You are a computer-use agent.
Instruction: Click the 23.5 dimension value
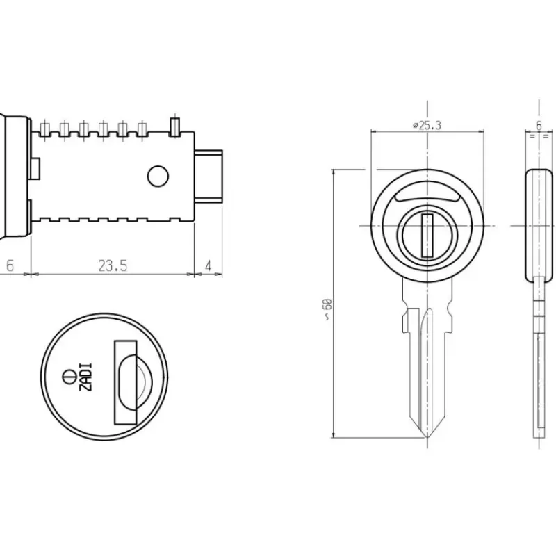point(113,265)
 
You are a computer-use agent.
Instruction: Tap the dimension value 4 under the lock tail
point(208,265)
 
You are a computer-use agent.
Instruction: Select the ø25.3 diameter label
point(427,126)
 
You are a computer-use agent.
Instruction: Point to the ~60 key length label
point(327,309)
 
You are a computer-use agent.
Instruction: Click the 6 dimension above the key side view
point(539,126)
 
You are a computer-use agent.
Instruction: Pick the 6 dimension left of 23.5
point(10,265)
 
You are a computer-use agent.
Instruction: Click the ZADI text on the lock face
point(86,377)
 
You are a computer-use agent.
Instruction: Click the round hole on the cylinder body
point(158,177)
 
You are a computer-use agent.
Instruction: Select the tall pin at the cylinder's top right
point(175,126)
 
